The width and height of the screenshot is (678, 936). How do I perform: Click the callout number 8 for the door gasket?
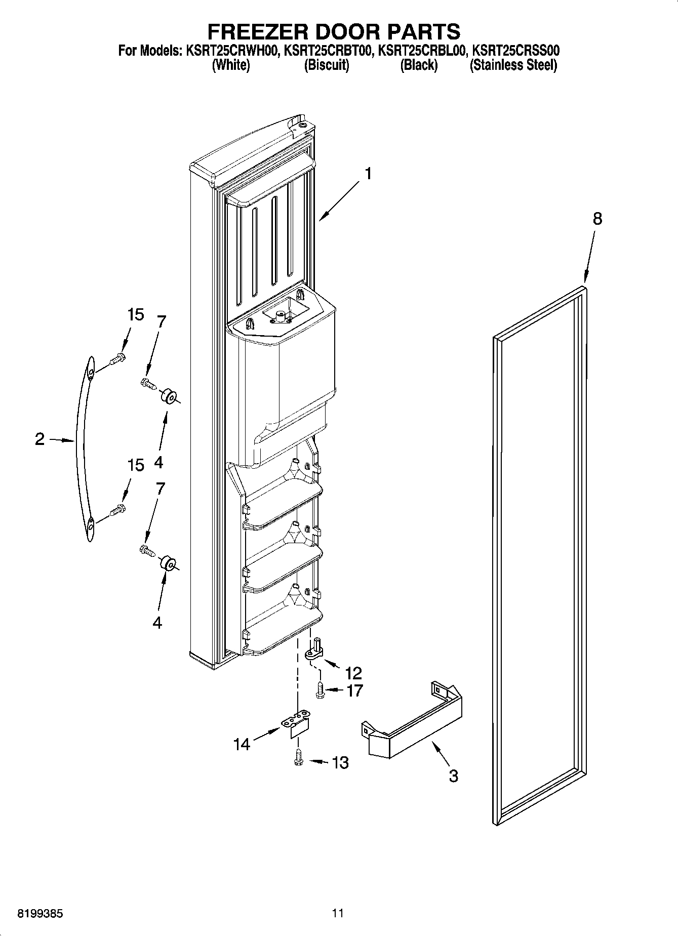point(597,219)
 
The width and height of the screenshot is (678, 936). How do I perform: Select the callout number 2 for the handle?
point(40,439)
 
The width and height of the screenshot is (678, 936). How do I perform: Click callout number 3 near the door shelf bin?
point(453,776)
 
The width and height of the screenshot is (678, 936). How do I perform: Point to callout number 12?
point(353,673)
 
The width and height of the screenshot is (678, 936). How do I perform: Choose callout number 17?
point(354,690)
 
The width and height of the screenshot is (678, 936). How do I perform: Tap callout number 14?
point(242,744)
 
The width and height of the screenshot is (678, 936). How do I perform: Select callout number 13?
point(340,762)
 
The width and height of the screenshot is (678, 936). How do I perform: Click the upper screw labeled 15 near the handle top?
point(117,359)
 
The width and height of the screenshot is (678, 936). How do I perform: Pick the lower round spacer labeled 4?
point(168,563)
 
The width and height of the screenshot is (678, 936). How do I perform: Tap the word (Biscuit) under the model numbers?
point(326,65)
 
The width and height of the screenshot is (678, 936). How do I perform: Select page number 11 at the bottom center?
point(338,913)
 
